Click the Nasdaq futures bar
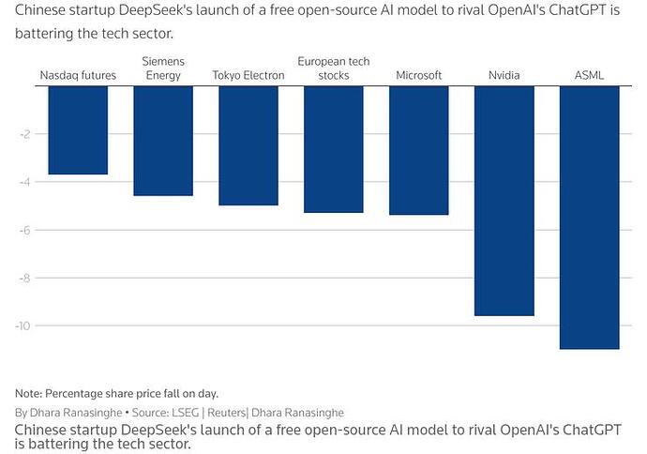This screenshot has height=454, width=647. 78,130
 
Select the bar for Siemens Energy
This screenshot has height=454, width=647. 163,141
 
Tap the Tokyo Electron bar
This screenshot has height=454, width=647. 248,145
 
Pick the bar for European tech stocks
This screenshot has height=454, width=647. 334,149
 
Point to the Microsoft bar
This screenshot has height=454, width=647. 419,150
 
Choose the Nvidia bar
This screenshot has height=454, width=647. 504,201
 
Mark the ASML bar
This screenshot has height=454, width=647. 590,218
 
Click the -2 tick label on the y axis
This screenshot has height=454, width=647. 25,134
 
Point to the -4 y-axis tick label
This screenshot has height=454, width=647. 25,182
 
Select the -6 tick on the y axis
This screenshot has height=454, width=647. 25,230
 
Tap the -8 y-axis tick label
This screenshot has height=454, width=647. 25,278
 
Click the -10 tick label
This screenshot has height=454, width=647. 23,325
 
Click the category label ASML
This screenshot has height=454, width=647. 590,75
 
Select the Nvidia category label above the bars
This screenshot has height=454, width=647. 504,75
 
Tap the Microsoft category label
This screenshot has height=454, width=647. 419,75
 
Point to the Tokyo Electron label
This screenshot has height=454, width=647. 248,75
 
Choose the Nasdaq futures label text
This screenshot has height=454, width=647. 78,75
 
